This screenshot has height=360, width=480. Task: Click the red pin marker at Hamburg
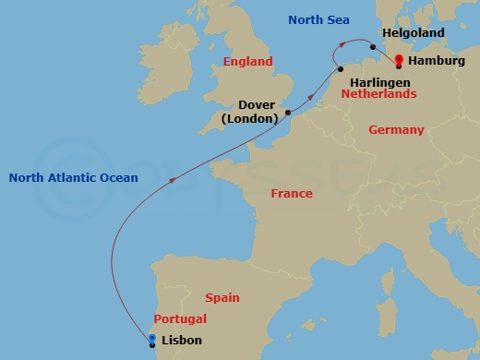[x=398, y=62]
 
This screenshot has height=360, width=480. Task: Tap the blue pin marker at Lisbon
[x=152, y=340]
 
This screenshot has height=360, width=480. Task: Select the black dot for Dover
[x=288, y=113]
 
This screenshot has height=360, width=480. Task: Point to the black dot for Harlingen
[x=340, y=66]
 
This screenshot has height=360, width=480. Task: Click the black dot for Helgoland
[x=372, y=47]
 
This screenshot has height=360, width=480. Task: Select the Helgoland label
[x=413, y=33]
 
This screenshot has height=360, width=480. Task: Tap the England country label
[x=248, y=62]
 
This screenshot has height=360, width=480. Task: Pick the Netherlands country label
[x=378, y=93]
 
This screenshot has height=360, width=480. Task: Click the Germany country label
[x=396, y=130]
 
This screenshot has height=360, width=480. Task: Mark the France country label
[x=291, y=194]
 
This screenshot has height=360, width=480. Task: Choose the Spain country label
[x=222, y=297]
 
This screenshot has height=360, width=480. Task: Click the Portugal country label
[x=180, y=318]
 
